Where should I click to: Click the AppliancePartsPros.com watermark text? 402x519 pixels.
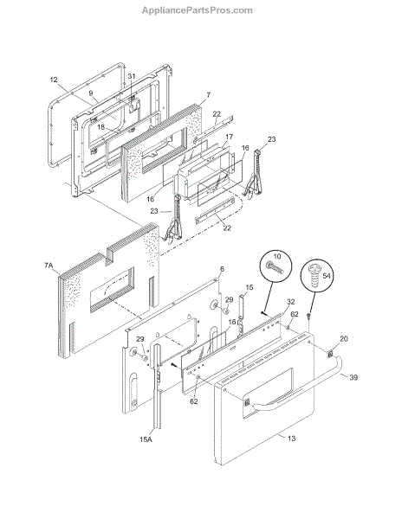click(198, 10)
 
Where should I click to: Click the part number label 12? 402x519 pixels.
click(54, 80)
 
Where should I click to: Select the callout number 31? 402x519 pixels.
click(132, 76)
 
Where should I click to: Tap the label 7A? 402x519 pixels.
click(49, 266)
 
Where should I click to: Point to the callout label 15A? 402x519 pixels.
click(146, 439)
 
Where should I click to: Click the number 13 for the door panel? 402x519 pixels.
click(291, 439)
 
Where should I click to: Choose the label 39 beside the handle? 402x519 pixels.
click(353, 377)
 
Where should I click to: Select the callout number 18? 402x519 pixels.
click(100, 127)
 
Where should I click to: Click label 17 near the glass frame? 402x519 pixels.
click(230, 137)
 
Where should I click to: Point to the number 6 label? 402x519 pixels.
click(222, 269)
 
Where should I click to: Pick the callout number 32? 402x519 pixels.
click(290, 302)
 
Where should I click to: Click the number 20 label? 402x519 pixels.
click(344, 338)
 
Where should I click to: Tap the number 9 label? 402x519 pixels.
click(91, 93)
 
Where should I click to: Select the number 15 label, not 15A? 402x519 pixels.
click(250, 287)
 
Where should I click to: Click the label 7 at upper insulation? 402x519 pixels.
click(209, 95)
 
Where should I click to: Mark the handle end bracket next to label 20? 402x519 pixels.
click(330, 354)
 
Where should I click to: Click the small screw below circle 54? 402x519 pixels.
click(308, 316)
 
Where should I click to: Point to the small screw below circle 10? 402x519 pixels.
click(263, 311)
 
